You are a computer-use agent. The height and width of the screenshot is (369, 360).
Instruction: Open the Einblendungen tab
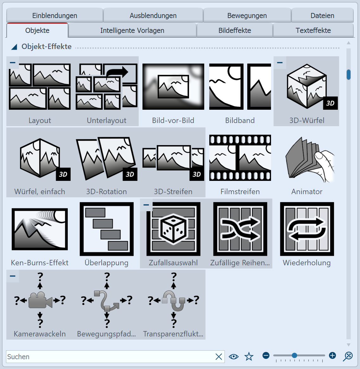point(54,15)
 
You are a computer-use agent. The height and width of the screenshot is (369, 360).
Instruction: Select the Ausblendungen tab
point(153,15)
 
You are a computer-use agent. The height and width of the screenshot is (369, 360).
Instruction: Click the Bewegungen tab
point(247,15)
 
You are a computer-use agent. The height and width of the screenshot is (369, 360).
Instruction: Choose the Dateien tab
point(322,15)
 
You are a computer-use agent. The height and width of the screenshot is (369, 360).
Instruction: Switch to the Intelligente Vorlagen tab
point(132,31)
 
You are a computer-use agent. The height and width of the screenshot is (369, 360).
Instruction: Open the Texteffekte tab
point(313,31)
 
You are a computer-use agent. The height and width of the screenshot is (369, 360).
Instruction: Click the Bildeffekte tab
point(235,31)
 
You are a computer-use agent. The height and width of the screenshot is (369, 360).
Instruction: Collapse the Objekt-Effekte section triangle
point(14,47)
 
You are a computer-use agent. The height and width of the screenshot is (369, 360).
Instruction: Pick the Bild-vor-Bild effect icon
point(173,87)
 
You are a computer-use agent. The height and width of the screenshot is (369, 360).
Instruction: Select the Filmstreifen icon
point(240,158)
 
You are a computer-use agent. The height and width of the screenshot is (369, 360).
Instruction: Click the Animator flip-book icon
point(307,160)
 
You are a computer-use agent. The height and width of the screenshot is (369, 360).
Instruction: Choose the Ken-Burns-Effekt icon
point(40,229)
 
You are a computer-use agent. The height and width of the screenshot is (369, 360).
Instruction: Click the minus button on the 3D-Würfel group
point(280,63)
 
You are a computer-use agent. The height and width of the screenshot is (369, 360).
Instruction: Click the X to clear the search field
point(218,357)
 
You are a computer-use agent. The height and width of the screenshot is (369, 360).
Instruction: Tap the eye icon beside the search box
point(234,357)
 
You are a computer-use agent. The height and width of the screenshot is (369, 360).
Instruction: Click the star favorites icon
point(249,357)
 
